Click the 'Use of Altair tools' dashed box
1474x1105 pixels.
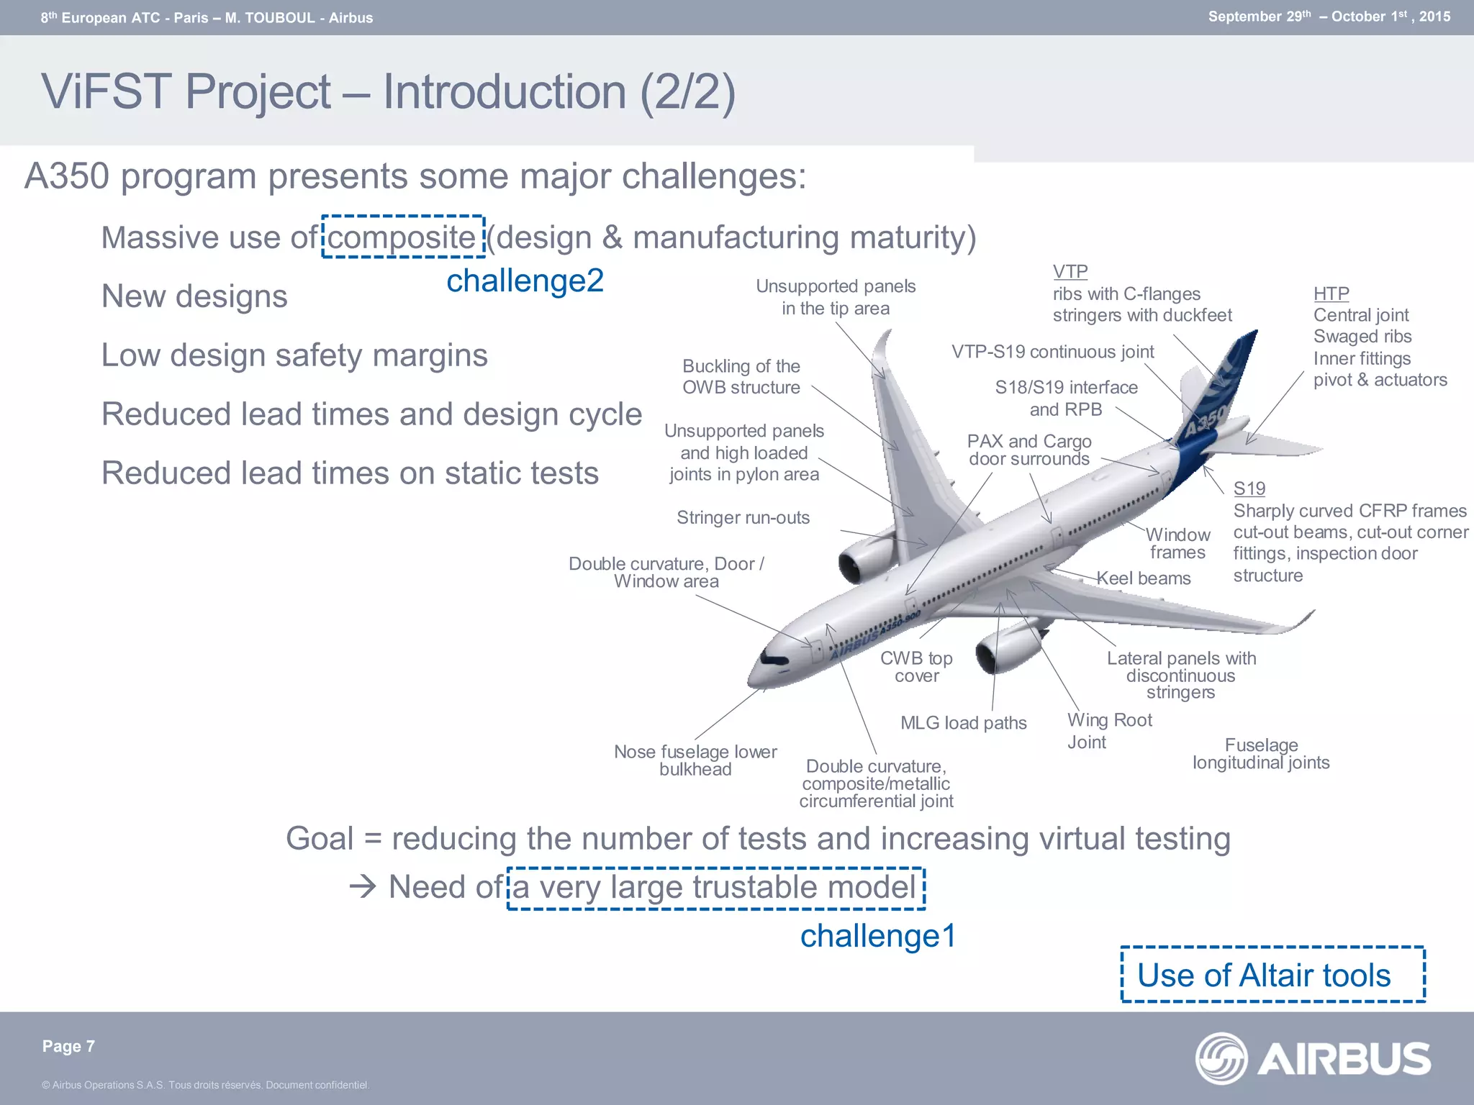click(x=1272, y=975)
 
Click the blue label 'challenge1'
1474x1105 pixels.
click(x=877, y=935)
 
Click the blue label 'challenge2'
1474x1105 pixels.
click(x=525, y=281)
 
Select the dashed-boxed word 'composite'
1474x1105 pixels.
click(x=402, y=237)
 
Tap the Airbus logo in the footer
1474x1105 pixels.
click(x=1313, y=1058)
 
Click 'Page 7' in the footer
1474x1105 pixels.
click(x=68, y=1046)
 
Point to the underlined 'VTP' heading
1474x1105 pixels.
click(x=1070, y=272)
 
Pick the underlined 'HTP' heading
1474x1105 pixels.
click(x=1331, y=294)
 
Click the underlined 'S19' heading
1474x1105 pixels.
click(x=1249, y=488)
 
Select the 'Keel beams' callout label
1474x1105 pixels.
click(x=1144, y=578)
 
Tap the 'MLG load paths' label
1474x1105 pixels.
click(x=963, y=723)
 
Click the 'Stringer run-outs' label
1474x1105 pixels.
click(x=743, y=517)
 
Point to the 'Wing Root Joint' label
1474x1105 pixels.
click(x=1108, y=730)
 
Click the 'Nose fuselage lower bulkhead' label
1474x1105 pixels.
click(x=695, y=760)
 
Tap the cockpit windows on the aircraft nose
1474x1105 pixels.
click(x=774, y=658)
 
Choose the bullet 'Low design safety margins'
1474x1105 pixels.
click(x=294, y=355)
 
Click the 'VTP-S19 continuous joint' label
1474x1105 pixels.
click(x=1052, y=352)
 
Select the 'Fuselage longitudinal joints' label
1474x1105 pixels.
click(x=1260, y=753)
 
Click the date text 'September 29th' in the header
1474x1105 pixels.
click(x=1260, y=17)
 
